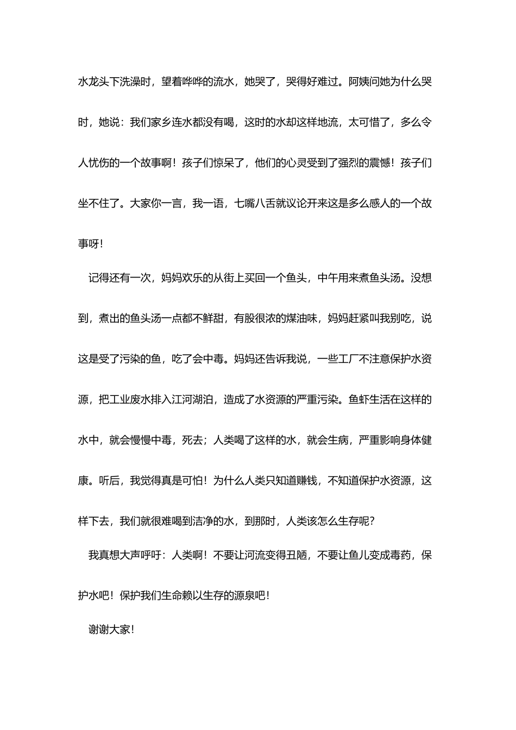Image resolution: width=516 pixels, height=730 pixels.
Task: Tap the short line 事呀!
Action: (90, 244)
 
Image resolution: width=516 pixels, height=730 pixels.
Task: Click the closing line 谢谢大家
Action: (110, 630)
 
